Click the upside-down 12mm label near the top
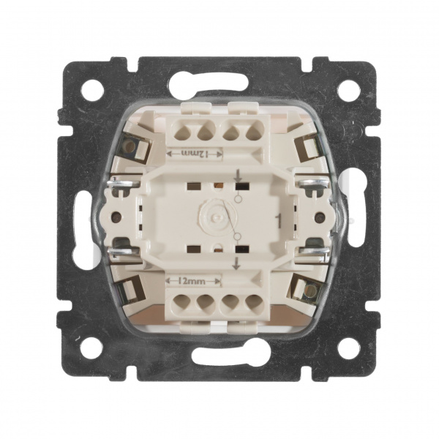[x=194, y=154]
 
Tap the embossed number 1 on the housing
[x=278, y=219]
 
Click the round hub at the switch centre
[x=215, y=216]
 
